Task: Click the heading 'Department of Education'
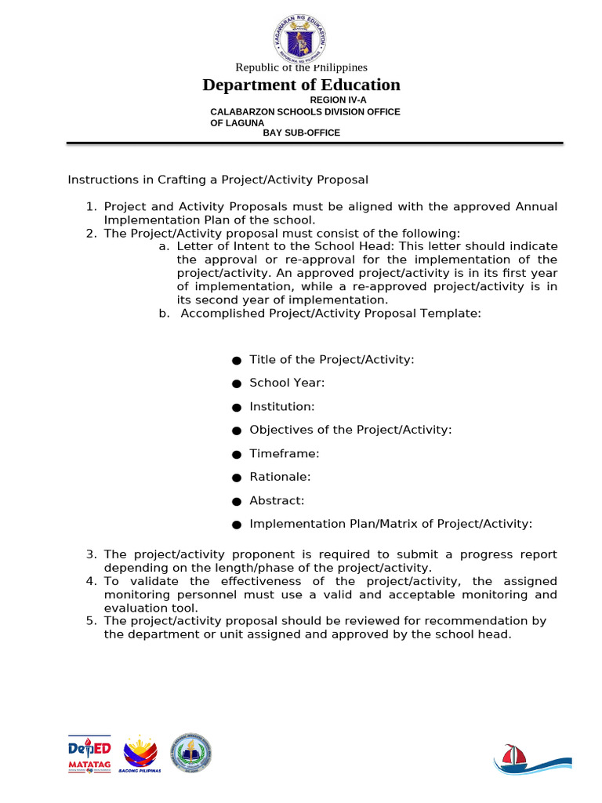point(301,85)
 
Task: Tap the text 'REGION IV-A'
point(338,100)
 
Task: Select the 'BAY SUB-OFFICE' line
point(301,133)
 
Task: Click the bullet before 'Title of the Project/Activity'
point(236,360)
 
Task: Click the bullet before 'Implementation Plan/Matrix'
point(236,525)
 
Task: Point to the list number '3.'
point(91,554)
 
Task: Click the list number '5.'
point(91,620)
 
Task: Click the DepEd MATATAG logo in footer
point(89,755)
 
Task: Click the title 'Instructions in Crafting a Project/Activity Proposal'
point(218,180)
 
